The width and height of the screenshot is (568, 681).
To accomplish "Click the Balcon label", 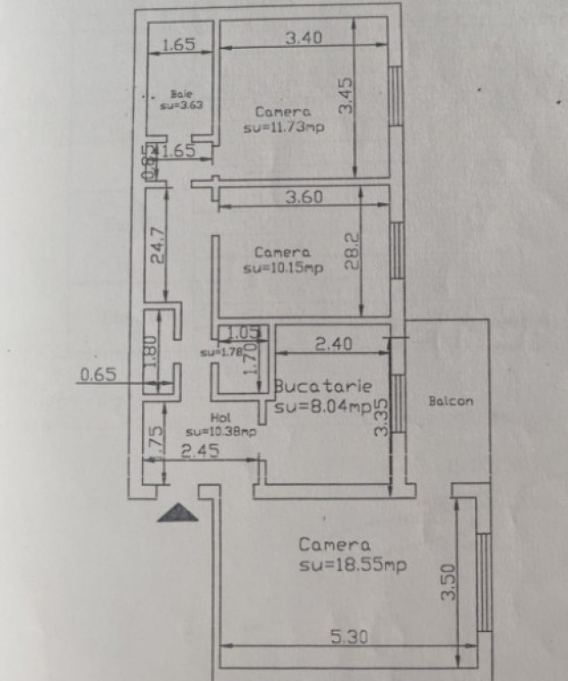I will tap(451, 402).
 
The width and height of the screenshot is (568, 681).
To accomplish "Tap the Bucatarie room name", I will tap(322, 387).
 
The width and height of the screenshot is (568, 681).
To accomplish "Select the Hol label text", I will tap(220, 417).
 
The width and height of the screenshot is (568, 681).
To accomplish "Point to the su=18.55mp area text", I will tap(353, 565).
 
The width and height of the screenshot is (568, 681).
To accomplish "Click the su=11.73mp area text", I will tap(283, 128).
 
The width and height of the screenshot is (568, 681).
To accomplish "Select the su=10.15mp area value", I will tap(283, 268).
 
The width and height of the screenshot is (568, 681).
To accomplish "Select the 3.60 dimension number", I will tap(304, 198).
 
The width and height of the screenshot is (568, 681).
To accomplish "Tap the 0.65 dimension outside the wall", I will tap(98, 375).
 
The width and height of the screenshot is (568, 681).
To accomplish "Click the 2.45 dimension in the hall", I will tap(200, 451).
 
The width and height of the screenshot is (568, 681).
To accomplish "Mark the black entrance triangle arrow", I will tap(177, 513).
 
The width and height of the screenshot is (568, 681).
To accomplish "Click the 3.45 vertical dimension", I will tap(346, 95).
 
